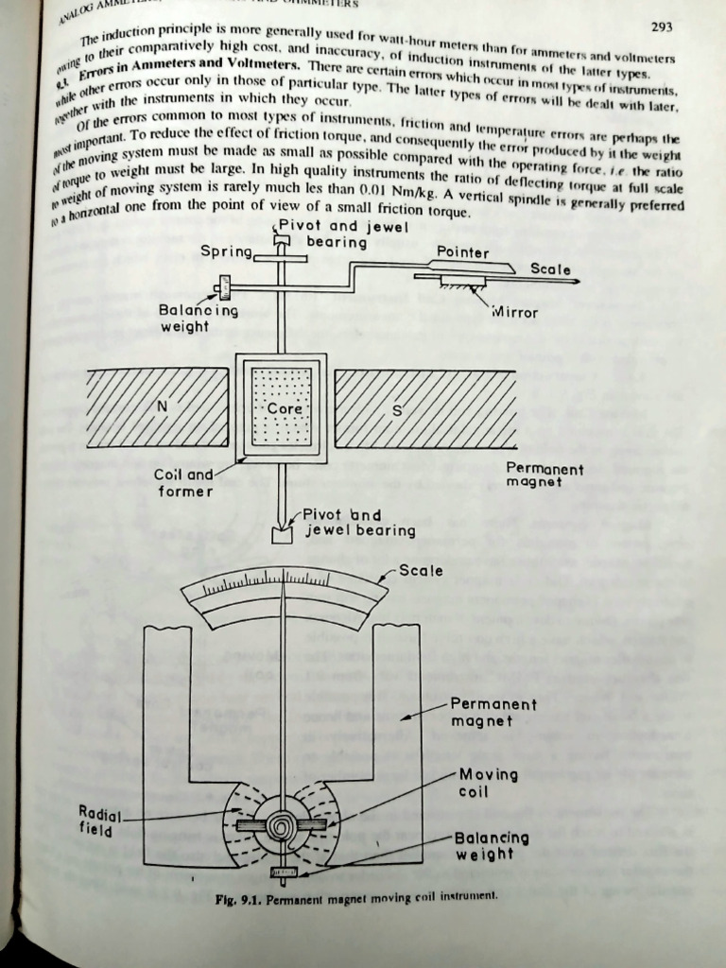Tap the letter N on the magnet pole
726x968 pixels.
click(x=162, y=406)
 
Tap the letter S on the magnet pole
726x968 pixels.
click(x=396, y=411)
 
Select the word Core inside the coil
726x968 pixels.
click(x=284, y=409)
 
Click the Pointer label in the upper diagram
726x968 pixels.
click(x=462, y=252)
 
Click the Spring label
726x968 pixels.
click(x=226, y=251)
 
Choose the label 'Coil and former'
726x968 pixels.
click(x=183, y=483)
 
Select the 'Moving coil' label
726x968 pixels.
click(x=488, y=783)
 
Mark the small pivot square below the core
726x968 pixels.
click(x=282, y=535)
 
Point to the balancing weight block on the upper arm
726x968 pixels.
click(x=225, y=284)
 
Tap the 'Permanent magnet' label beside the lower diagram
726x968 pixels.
click(x=493, y=713)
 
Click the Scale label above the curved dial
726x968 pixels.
click(x=421, y=570)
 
